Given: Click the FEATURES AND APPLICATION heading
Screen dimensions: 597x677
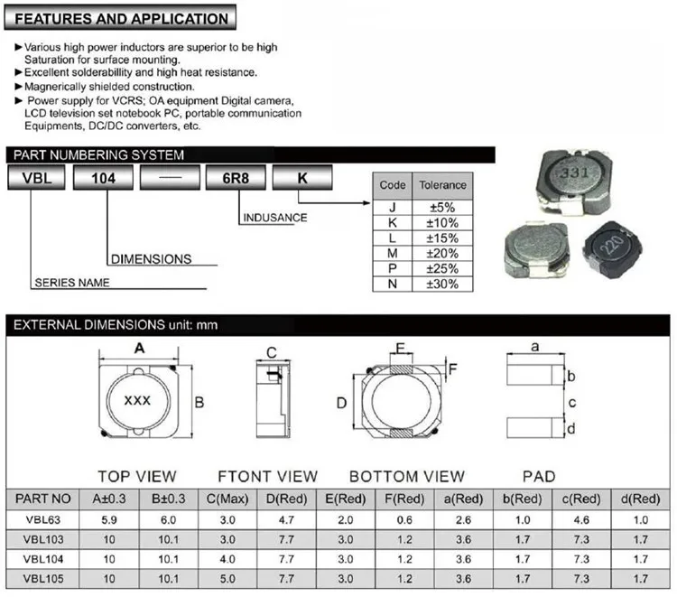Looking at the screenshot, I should click(123, 19).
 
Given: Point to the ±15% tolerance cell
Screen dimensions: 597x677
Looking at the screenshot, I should click(441, 237).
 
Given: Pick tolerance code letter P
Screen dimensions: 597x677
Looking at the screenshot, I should click(393, 268).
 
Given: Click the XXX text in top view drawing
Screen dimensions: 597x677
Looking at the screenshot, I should click(137, 400).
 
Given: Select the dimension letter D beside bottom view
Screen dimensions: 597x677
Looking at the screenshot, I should click(342, 402).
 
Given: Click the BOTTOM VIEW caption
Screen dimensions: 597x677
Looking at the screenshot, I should click(407, 476).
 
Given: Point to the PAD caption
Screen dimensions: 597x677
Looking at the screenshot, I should click(539, 476).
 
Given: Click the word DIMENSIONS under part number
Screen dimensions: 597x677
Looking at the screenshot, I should click(151, 259).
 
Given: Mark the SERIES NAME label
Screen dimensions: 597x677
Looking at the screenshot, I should click(72, 283).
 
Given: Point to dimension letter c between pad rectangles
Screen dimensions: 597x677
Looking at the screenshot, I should click(571, 403).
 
